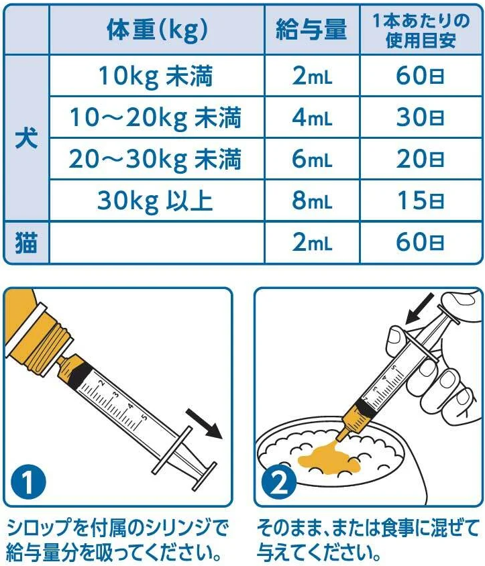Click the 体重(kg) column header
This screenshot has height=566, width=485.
(157, 30)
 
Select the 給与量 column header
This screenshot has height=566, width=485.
(311, 29)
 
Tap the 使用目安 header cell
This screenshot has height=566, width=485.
(421, 30)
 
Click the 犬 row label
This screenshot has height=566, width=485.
(26, 138)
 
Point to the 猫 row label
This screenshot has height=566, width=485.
(26, 242)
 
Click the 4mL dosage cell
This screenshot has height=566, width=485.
(312, 117)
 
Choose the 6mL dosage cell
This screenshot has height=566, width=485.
(312, 159)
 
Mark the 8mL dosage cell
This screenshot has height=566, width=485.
(312, 201)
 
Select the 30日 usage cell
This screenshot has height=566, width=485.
(421, 117)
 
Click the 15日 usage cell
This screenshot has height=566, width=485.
(421, 201)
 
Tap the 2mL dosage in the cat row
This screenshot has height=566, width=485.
(312, 242)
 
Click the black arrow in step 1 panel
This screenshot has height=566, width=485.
(204, 424)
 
